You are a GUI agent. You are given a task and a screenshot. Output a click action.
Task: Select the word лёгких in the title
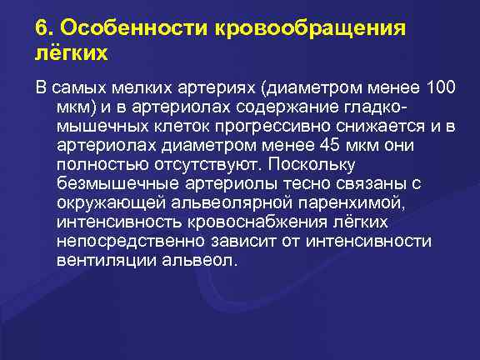coord(72,53)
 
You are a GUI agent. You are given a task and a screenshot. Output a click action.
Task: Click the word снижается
coord(386,127)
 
